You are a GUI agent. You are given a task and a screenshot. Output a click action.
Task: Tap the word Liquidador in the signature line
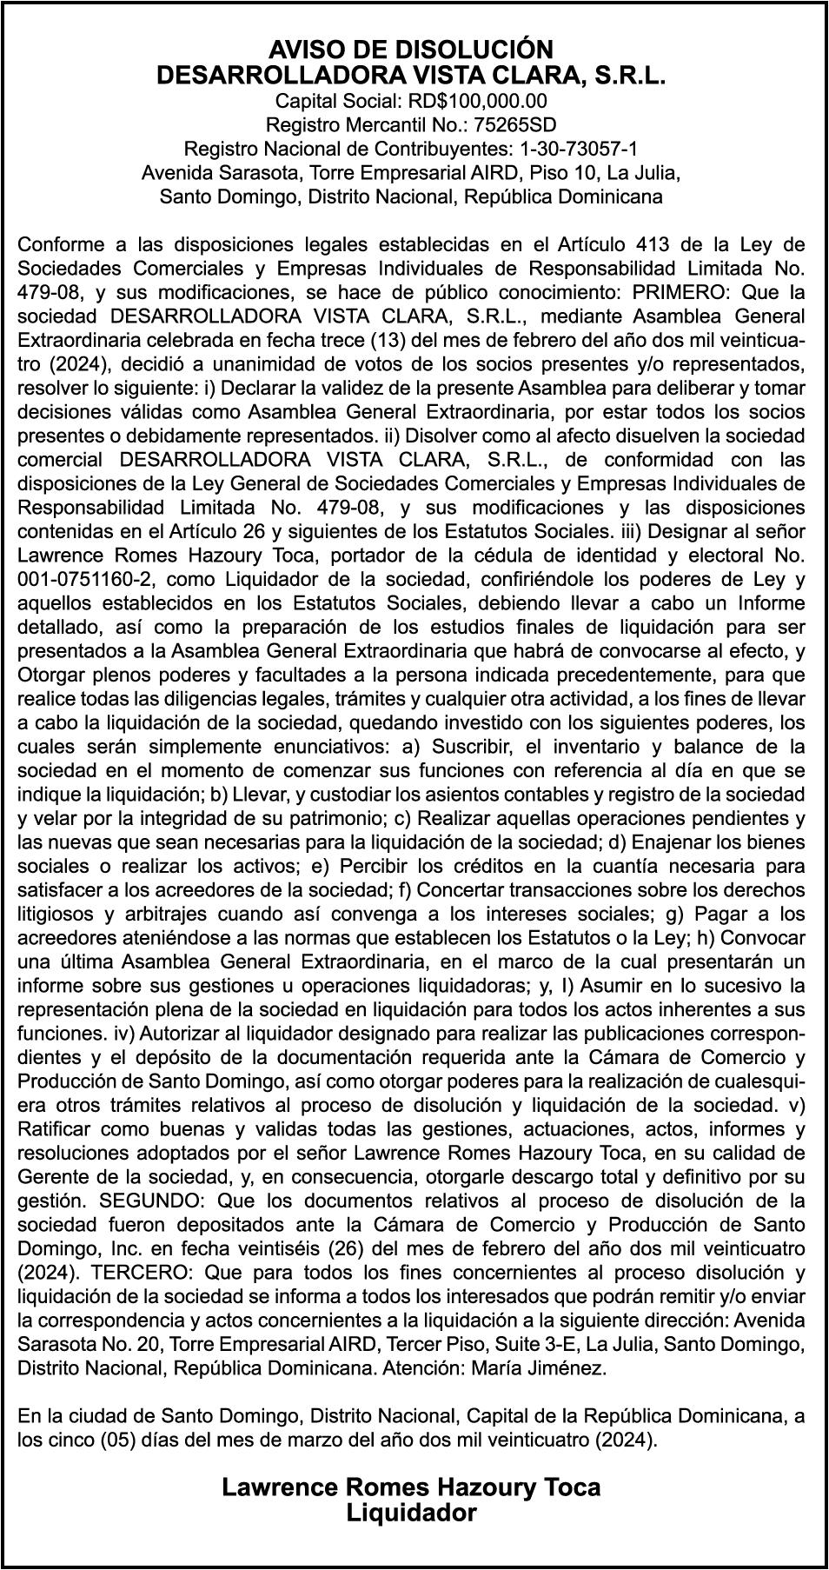(411, 1513)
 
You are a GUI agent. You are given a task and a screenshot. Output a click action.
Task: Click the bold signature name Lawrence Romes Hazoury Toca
(411, 1487)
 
